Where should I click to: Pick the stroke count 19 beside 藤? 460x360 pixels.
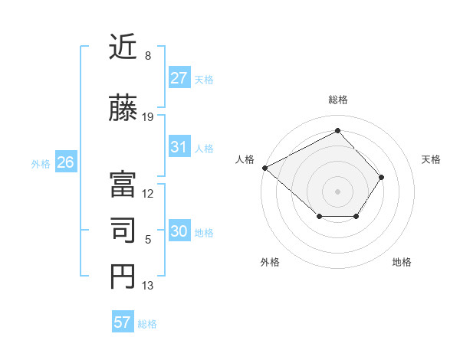click(148, 117)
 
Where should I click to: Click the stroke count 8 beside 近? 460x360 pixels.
click(147, 57)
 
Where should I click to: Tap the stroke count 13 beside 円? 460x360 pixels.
click(148, 286)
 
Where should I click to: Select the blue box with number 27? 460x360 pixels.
click(179, 78)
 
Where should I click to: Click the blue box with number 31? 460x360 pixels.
click(179, 147)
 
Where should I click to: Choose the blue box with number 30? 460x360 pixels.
click(179, 232)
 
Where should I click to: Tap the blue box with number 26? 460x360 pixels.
click(65, 162)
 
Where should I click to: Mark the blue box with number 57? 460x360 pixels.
click(123, 322)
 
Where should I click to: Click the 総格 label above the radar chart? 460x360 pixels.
click(337, 100)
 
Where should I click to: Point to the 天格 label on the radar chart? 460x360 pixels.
click(431, 159)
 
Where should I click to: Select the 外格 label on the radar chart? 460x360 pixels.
click(270, 262)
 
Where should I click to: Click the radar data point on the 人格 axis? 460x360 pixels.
click(264, 167)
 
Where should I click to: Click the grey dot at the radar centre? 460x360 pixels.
click(337, 191)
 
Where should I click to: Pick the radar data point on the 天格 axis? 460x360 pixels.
click(382, 177)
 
